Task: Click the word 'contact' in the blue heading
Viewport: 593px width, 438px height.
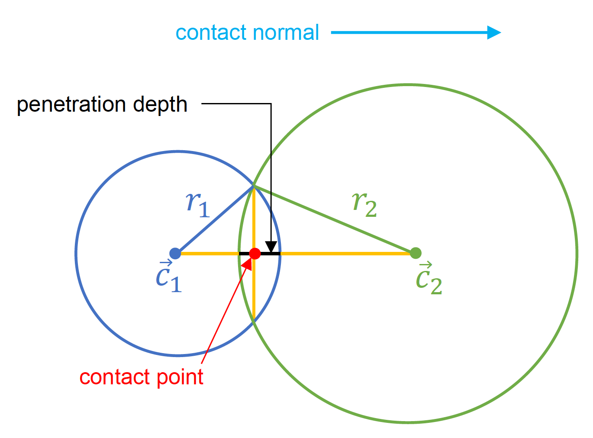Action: [210, 33]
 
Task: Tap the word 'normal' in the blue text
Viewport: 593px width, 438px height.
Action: [286, 33]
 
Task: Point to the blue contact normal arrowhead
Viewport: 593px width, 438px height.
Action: [494, 32]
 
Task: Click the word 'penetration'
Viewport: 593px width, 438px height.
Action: [71, 105]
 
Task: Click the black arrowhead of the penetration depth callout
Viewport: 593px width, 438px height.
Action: [271, 247]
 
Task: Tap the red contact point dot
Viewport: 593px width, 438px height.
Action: [255, 254]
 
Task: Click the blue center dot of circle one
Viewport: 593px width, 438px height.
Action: [175, 253]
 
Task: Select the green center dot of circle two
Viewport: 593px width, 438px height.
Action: [416, 253]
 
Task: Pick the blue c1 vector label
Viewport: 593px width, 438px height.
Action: [169, 278]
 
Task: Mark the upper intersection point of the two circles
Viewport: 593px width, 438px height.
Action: [254, 186]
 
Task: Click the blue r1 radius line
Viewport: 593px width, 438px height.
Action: [214, 220]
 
